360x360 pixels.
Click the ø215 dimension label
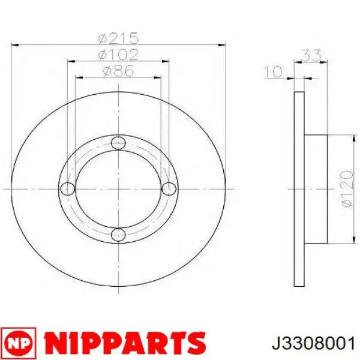[118, 38]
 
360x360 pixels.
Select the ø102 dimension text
[118, 55]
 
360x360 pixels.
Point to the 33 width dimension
[311, 55]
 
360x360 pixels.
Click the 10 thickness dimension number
[273, 71]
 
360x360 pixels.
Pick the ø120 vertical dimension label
[346, 189]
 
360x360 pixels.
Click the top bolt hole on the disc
[118, 143]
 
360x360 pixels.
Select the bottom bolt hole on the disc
[118, 235]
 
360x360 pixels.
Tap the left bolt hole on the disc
[68, 189]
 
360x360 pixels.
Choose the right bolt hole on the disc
[169, 189]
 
